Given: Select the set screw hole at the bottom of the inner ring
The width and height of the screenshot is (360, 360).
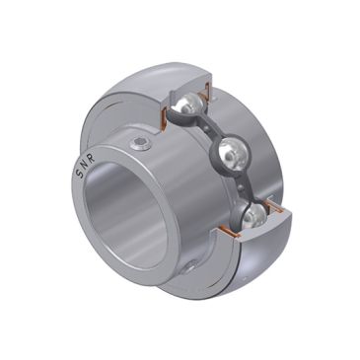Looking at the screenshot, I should click(x=186, y=266).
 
